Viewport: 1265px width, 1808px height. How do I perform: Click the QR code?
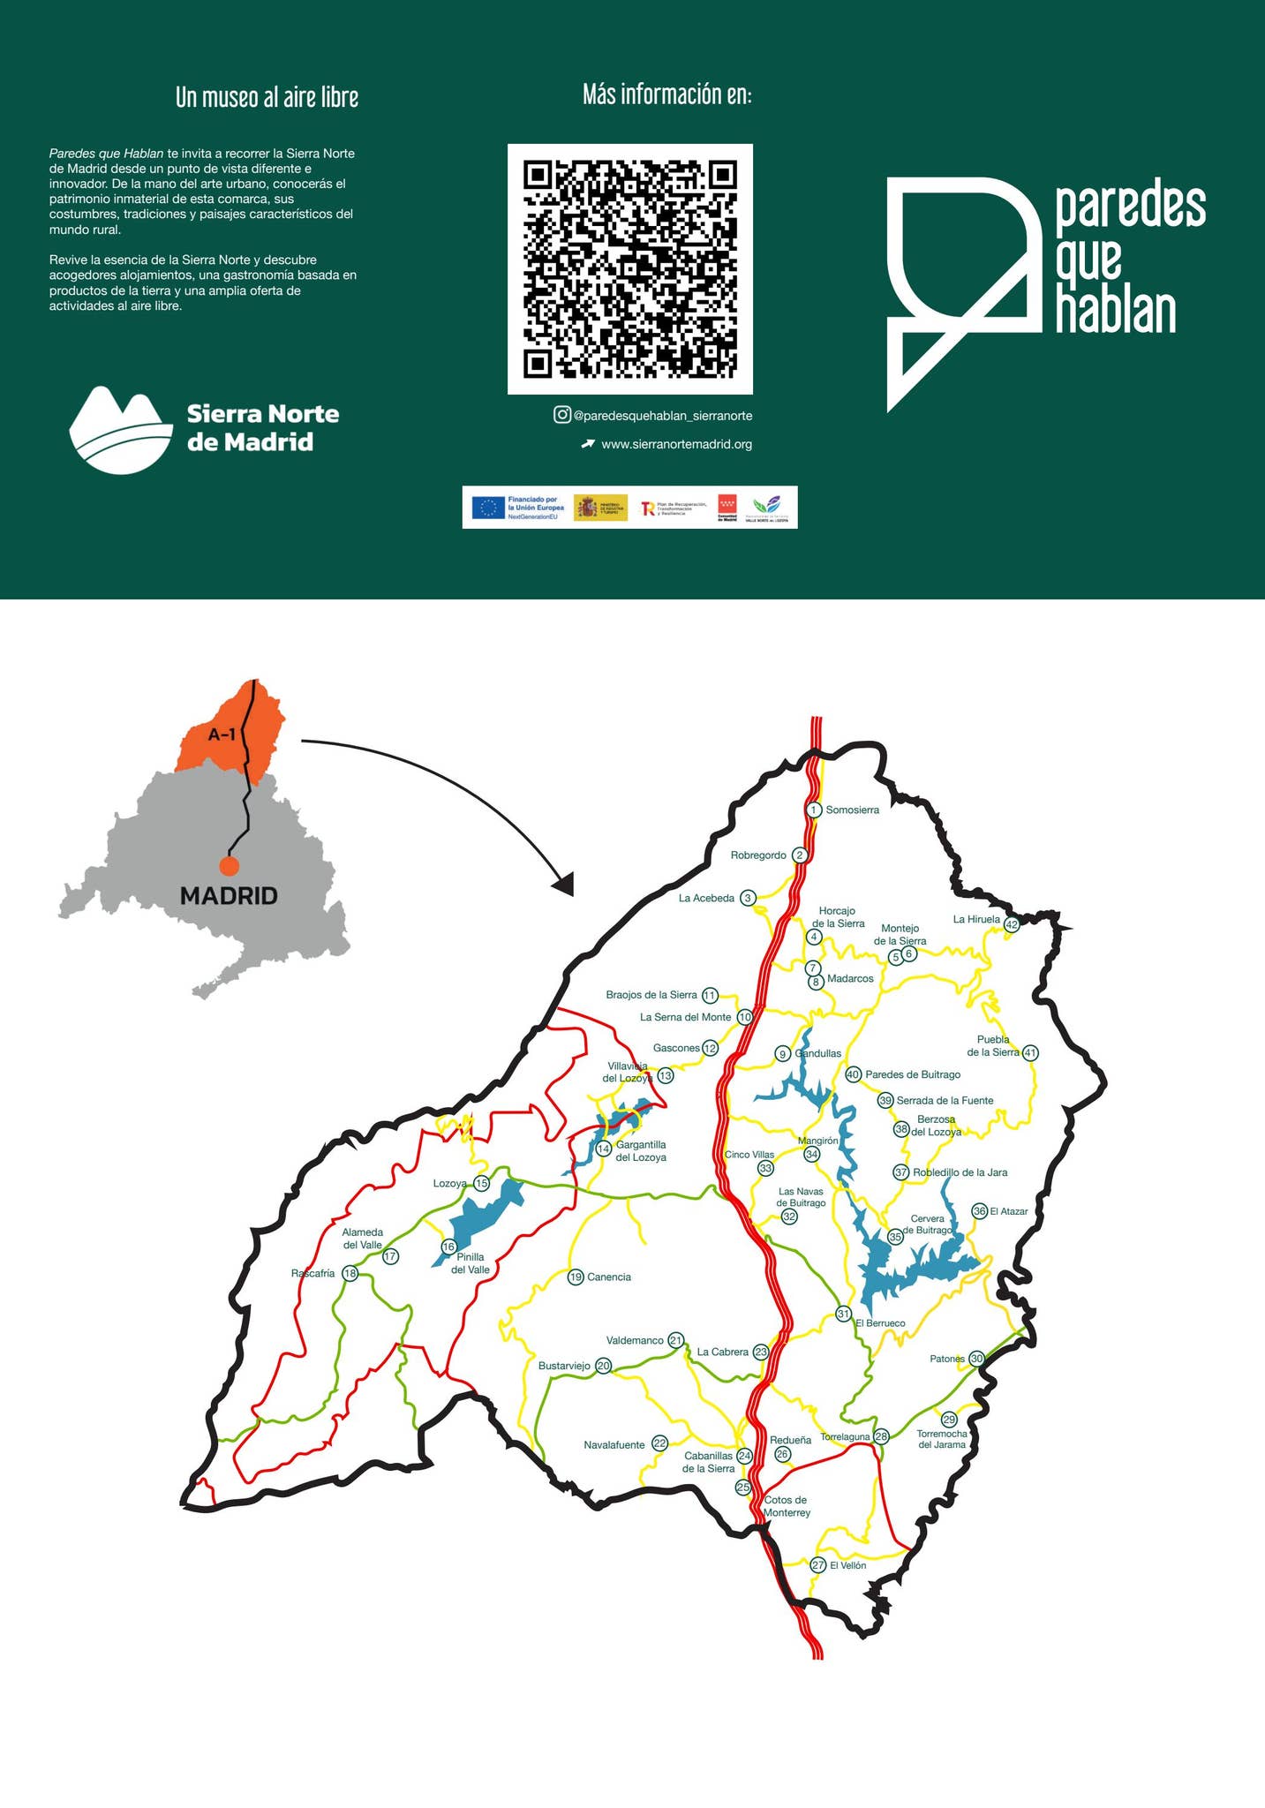(629, 268)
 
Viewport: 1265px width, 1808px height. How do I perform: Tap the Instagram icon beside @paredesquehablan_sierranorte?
(561, 415)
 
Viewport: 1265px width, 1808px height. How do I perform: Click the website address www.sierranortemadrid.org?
(676, 445)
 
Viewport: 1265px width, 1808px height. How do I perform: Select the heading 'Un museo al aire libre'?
(267, 97)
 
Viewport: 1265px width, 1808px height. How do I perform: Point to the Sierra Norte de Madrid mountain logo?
(121, 430)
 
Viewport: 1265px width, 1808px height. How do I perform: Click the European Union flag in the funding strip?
(488, 508)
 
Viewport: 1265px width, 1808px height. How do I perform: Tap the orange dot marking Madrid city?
(230, 866)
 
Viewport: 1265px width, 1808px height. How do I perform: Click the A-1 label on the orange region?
(222, 734)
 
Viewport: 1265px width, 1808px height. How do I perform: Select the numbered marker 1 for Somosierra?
(814, 810)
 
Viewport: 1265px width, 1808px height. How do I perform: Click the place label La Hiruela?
(976, 919)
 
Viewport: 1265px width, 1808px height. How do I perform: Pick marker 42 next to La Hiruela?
(1012, 925)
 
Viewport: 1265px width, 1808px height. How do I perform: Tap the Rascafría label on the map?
(312, 1273)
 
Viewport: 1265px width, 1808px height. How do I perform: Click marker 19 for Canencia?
(576, 1277)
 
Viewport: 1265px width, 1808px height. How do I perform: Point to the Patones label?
(946, 1359)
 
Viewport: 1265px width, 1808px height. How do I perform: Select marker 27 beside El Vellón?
(818, 1565)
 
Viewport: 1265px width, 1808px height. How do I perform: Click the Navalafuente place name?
(614, 1445)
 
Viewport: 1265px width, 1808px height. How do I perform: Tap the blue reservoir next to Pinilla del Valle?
(484, 1213)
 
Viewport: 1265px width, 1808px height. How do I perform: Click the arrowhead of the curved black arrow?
(562, 883)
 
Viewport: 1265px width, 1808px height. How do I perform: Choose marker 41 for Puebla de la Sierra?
(1029, 1052)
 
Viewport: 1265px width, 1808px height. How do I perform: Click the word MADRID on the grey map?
(229, 896)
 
